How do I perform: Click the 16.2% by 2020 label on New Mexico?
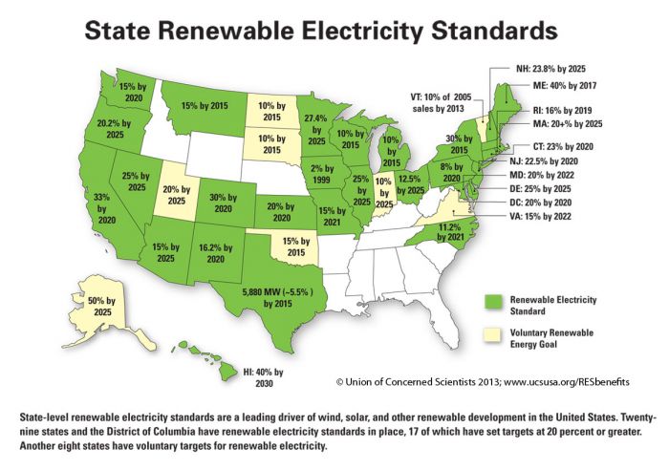(217, 251)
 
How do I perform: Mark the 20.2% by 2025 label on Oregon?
(107, 129)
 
